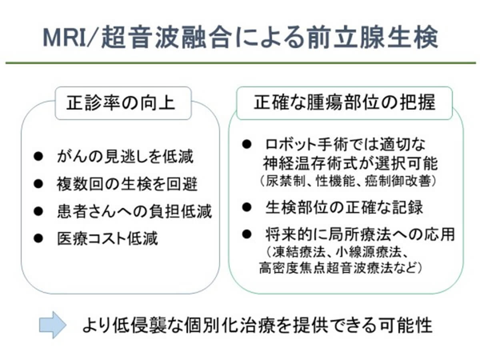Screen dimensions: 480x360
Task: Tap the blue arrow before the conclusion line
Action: click(x=52, y=325)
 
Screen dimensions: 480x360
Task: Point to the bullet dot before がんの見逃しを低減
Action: click(x=38, y=156)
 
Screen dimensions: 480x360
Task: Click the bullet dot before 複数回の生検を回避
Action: click(x=38, y=184)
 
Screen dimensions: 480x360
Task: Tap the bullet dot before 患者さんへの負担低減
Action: click(x=38, y=211)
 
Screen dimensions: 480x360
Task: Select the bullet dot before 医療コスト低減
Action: click(x=38, y=238)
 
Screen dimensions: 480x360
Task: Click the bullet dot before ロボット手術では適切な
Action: click(x=246, y=144)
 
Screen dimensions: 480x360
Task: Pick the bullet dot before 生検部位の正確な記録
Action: click(x=246, y=207)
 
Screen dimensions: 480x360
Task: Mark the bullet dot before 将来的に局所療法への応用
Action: click(x=246, y=234)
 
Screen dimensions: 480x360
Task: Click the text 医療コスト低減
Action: click(x=107, y=238)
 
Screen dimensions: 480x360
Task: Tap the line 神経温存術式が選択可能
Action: click(x=350, y=163)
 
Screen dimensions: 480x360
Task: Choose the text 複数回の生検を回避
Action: click(x=127, y=184)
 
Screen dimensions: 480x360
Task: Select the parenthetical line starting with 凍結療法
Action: click(x=338, y=252)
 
